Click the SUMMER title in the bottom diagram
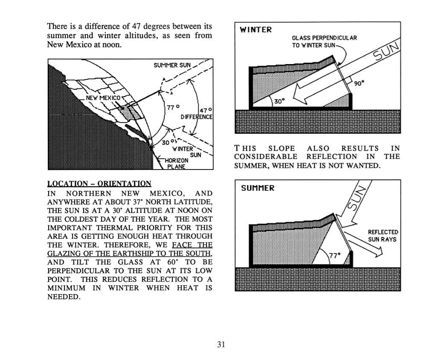258,188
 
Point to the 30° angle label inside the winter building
278,102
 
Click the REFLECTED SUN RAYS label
382,236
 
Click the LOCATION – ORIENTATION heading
99,184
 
